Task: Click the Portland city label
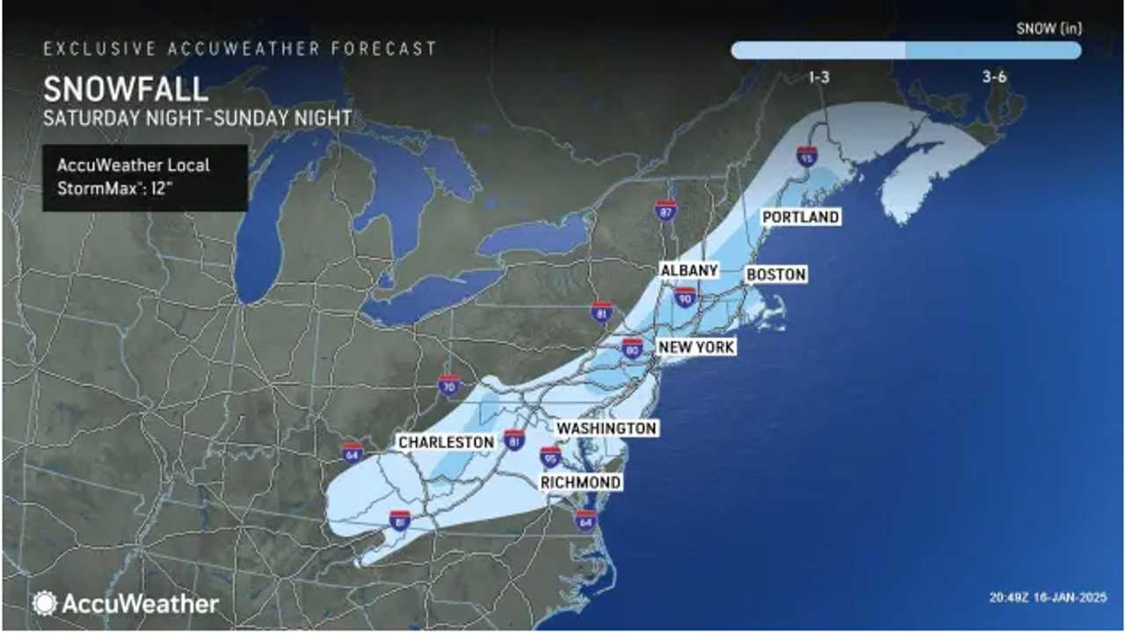coord(801,217)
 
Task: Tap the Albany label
coord(690,270)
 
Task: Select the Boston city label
coord(776,275)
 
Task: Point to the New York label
coord(697,347)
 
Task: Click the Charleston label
coord(446,442)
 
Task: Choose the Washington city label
coord(607,428)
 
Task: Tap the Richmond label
coord(581,482)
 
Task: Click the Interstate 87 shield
coord(666,209)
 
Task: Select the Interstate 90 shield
coord(686,299)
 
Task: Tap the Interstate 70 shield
coord(449,385)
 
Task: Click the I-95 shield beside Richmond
coord(550,456)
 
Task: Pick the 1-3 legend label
coord(819,77)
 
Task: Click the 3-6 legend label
coord(994,77)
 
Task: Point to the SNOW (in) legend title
coord(1049,28)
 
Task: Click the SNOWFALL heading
coord(125,90)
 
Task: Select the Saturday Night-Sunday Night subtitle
coord(198,118)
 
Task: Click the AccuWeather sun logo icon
coord(45,603)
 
